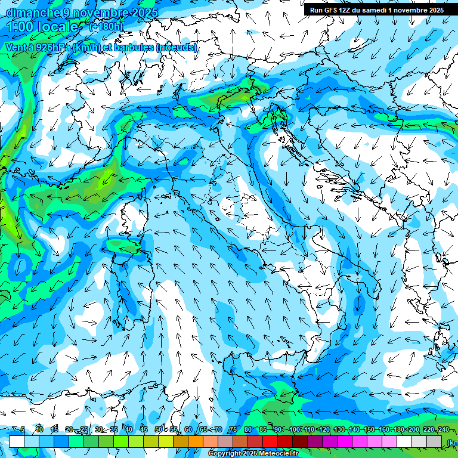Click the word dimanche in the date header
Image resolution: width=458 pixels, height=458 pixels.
[32, 13]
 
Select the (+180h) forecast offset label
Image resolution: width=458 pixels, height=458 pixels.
[106, 26]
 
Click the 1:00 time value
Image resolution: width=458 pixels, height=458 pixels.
[22, 27]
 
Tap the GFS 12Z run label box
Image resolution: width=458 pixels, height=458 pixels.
[376, 10]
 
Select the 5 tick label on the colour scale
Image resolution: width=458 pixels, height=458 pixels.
[23, 430]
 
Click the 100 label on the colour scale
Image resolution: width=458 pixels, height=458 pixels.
[294, 430]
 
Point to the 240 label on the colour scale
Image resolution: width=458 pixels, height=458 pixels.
[443, 430]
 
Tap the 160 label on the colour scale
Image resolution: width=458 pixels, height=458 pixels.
[383, 430]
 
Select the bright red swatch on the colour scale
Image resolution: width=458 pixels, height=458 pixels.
[270, 441]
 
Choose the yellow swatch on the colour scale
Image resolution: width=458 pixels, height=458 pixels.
[166, 441]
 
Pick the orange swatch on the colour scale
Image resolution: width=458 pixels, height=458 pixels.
[196, 441]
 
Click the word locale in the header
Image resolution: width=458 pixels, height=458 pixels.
[59, 27]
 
